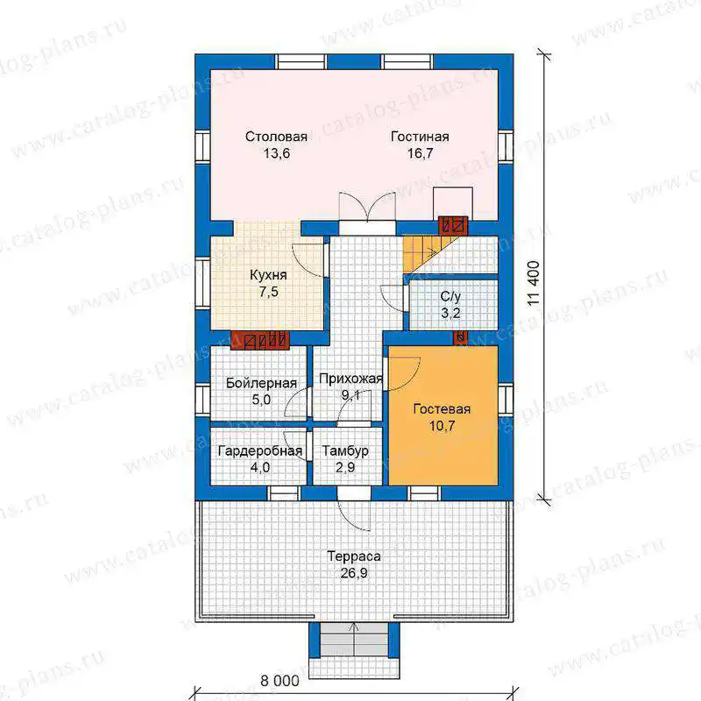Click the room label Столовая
tap(276, 137)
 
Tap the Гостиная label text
tap(420, 137)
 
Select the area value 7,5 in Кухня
tap(268, 292)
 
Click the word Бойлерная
tap(261, 383)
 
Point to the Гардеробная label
tap(259, 451)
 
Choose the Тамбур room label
tap(345, 450)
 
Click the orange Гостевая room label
tap(442, 409)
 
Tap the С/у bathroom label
tap(450, 296)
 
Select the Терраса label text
tap(354, 556)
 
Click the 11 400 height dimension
tap(535, 283)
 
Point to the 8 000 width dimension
tap(280, 681)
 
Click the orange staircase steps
tap(421, 254)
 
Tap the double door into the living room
tap(367, 208)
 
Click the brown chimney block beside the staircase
tap(453, 225)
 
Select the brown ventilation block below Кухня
tap(259, 340)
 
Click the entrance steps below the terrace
tap(355, 640)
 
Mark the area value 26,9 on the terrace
tap(354, 573)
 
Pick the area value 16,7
tap(420, 153)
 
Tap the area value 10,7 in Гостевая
tap(442, 426)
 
